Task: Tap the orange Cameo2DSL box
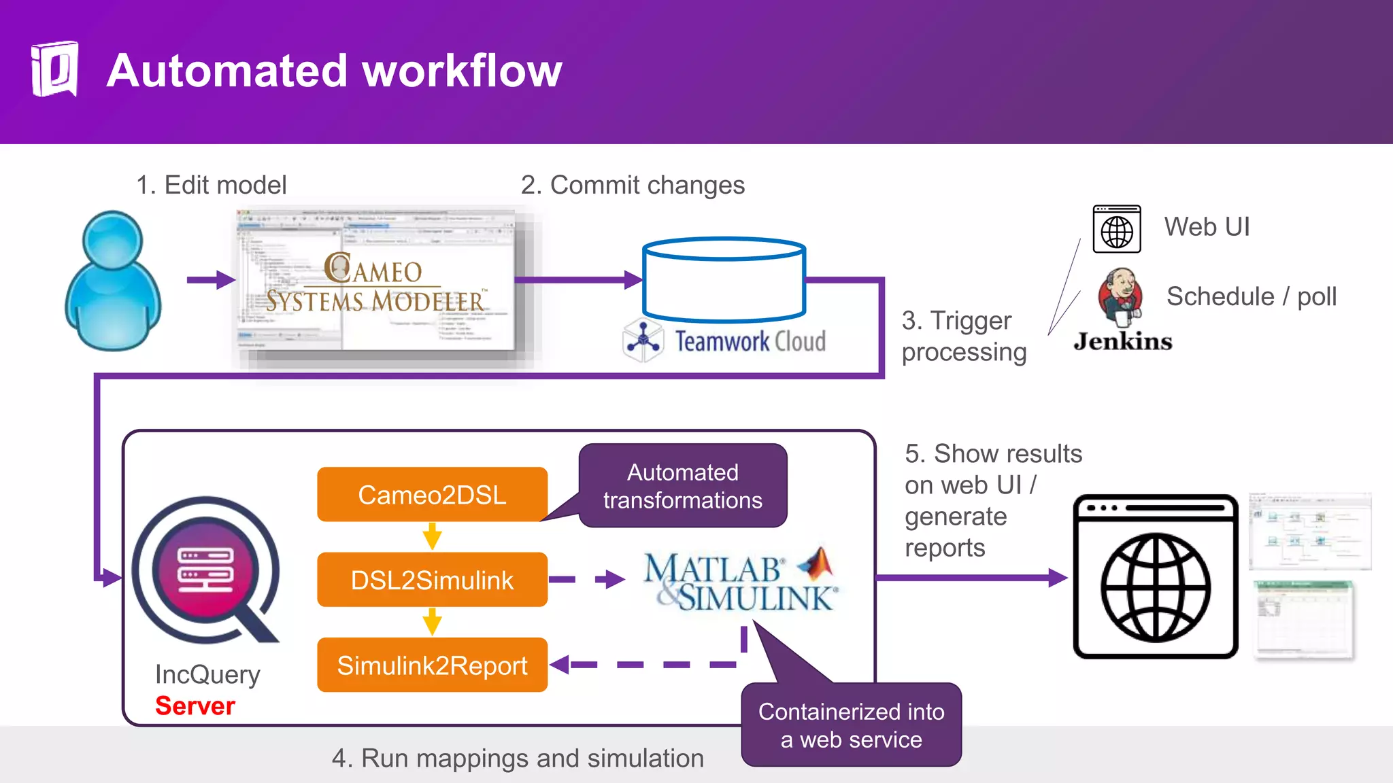point(432,494)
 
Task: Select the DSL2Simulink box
point(432,580)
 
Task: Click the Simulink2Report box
point(432,665)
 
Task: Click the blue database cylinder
point(724,279)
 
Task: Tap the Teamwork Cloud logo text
point(750,341)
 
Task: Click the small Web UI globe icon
point(1117,229)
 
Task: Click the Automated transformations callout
point(683,486)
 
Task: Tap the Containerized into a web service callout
point(851,725)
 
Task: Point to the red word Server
point(195,706)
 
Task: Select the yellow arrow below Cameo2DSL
point(432,536)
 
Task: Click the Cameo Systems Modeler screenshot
point(376,282)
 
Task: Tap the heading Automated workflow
point(334,71)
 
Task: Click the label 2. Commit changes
point(633,185)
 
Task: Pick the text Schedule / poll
point(1252,296)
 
